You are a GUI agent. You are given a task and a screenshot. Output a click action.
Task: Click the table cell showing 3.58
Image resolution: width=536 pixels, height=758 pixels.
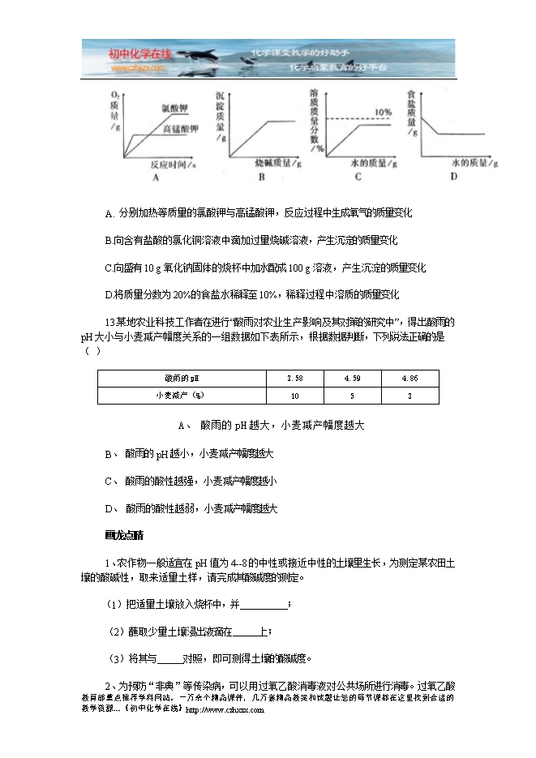click(x=295, y=379)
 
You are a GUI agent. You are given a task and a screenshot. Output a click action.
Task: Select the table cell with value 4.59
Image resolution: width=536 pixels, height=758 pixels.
click(x=353, y=379)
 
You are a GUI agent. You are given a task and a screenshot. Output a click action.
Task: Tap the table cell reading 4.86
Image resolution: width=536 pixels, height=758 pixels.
click(x=410, y=379)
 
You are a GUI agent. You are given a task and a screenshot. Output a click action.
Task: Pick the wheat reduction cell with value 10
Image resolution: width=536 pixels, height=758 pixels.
click(x=295, y=396)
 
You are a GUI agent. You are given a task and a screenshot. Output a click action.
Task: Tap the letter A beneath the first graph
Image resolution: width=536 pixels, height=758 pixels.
click(x=154, y=177)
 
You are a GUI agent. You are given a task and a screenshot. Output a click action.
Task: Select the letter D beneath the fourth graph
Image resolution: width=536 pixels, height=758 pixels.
click(x=453, y=176)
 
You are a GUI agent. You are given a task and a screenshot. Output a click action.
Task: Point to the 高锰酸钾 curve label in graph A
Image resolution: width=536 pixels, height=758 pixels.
click(x=181, y=128)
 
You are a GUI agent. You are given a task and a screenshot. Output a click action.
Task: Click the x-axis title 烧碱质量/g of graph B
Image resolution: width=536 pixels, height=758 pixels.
click(x=271, y=162)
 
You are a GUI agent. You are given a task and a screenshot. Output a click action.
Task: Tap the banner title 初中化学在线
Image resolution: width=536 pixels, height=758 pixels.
click(x=139, y=54)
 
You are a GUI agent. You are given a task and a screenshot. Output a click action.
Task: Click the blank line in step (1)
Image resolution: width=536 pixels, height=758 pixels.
click(x=264, y=605)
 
